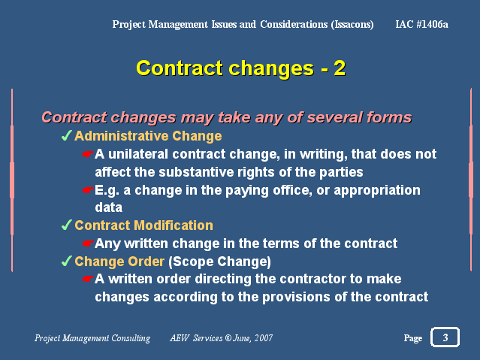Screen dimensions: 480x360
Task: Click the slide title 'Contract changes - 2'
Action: pyautogui.click(x=240, y=68)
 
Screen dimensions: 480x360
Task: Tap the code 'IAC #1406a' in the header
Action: pyautogui.click(x=421, y=24)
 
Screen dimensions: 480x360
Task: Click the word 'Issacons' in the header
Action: pyautogui.click(x=352, y=24)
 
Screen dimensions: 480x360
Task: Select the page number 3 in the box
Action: pyautogui.click(x=445, y=337)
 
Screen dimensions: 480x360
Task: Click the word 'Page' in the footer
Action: pyautogui.click(x=412, y=338)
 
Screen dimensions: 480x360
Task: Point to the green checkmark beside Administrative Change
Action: pyautogui.click(x=66, y=135)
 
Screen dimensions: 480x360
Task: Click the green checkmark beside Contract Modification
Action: pyautogui.click(x=66, y=225)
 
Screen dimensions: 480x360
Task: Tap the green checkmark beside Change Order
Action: pyautogui.click(x=66, y=261)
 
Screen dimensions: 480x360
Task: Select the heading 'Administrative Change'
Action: pyautogui.click(x=148, y=136)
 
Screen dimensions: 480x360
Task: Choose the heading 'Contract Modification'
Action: pyautogui.click(x=144, y=225)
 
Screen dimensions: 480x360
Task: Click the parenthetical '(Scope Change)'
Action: pyautogui.click(x=219, y=262)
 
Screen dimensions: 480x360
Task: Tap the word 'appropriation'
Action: pyautogui.click(x=377, y=191)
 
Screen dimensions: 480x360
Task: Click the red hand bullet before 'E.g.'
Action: pyautogui.click(x=88, y=190)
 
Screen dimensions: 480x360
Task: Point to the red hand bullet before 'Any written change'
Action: pyautogui.click(x=88, y=244)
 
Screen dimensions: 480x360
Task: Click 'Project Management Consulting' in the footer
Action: pyautogui.click(x=92, y=338)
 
